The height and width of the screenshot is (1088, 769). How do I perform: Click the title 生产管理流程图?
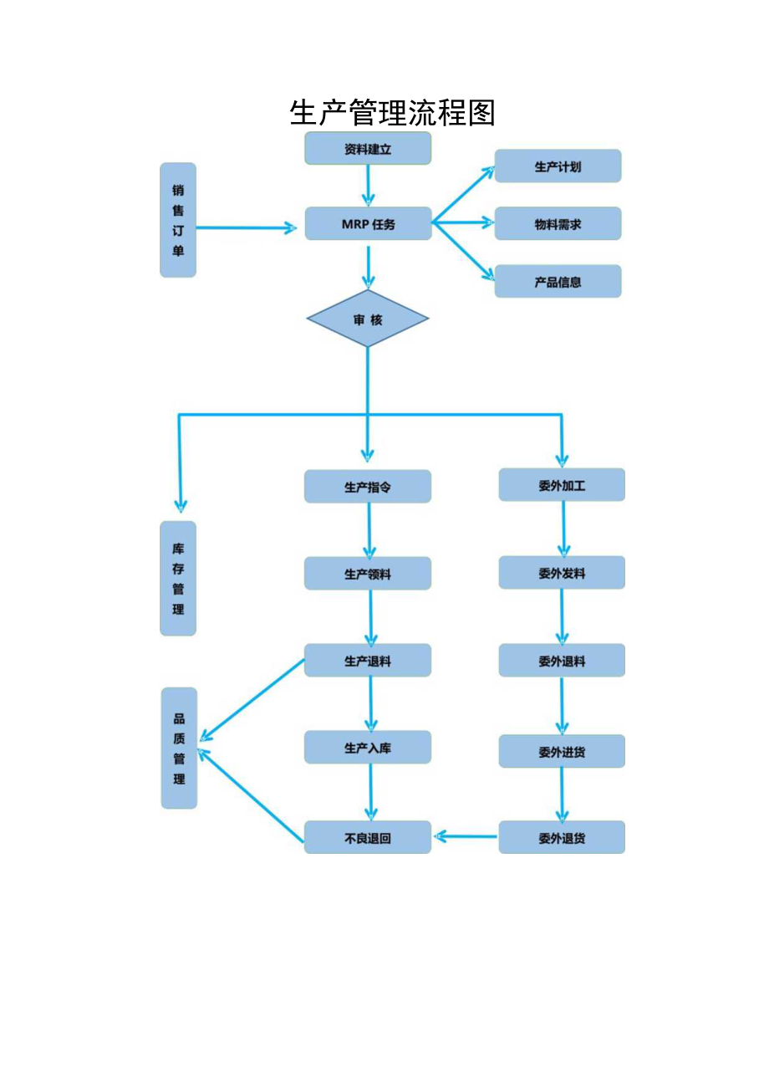pyautogui.click(x=392, y=112)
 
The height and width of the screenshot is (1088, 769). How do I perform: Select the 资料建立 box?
pyautogui.click(x=368, y=149)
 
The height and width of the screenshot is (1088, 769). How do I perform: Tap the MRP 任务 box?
pyautogui.click(x=368, y=224)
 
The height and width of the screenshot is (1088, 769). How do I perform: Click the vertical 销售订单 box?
pyautogui.click(x=178, y=220)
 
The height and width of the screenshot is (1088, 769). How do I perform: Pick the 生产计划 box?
pyautogui.click(x=558, y=166)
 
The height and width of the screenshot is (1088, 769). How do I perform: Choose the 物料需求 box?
pyautogui.click(x=558, y=224)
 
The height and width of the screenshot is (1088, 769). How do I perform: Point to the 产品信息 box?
pyautogui.click(x=558, y=282)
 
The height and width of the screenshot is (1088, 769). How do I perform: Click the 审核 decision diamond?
pyautogui.click(x=368, y=319)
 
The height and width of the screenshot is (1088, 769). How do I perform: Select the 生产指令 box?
pyautogui.click(x=368, y=487)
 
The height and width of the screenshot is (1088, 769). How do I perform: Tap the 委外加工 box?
pyautogui.click(x=562, y=485)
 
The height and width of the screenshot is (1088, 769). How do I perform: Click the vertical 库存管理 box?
pyautogui.click(x=178, y=579)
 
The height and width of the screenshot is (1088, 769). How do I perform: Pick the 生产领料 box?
pyautogui.click(x=368, y=574)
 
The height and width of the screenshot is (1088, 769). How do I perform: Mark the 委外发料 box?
pyautogui.click(x=562, y=573)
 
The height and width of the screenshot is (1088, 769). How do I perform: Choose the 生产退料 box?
pyautogui.click(x=368, y=661)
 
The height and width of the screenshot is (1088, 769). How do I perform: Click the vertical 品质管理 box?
pyautogui.click(x=179, y=748)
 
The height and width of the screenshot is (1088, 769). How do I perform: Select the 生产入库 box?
pyautogui.click(x=368, y=748)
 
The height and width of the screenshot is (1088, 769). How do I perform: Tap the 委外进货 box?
pyautogui.click(x=562, y=752)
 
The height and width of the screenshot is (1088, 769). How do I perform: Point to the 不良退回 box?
pyautogui.click(x=368, y=838)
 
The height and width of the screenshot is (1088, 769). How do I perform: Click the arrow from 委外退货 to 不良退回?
pyautogui.click(x=466, y=836)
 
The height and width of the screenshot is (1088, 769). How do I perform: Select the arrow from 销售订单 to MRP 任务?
pyautogui.click(x=247, y=227)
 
